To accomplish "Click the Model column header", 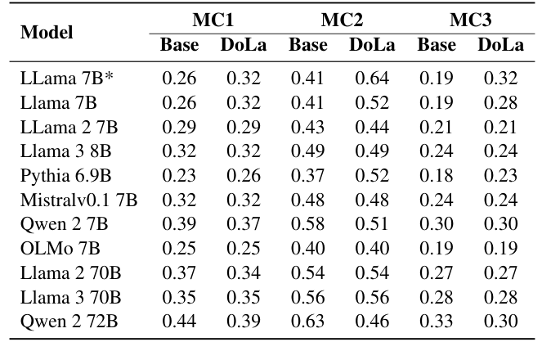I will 47,33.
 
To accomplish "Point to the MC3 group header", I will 470,20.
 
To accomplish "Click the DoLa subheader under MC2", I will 372,45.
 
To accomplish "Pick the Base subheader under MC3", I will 437,45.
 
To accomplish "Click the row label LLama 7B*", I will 60,79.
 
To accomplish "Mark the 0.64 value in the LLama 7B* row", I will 372,79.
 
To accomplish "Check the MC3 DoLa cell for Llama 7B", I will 500,104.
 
